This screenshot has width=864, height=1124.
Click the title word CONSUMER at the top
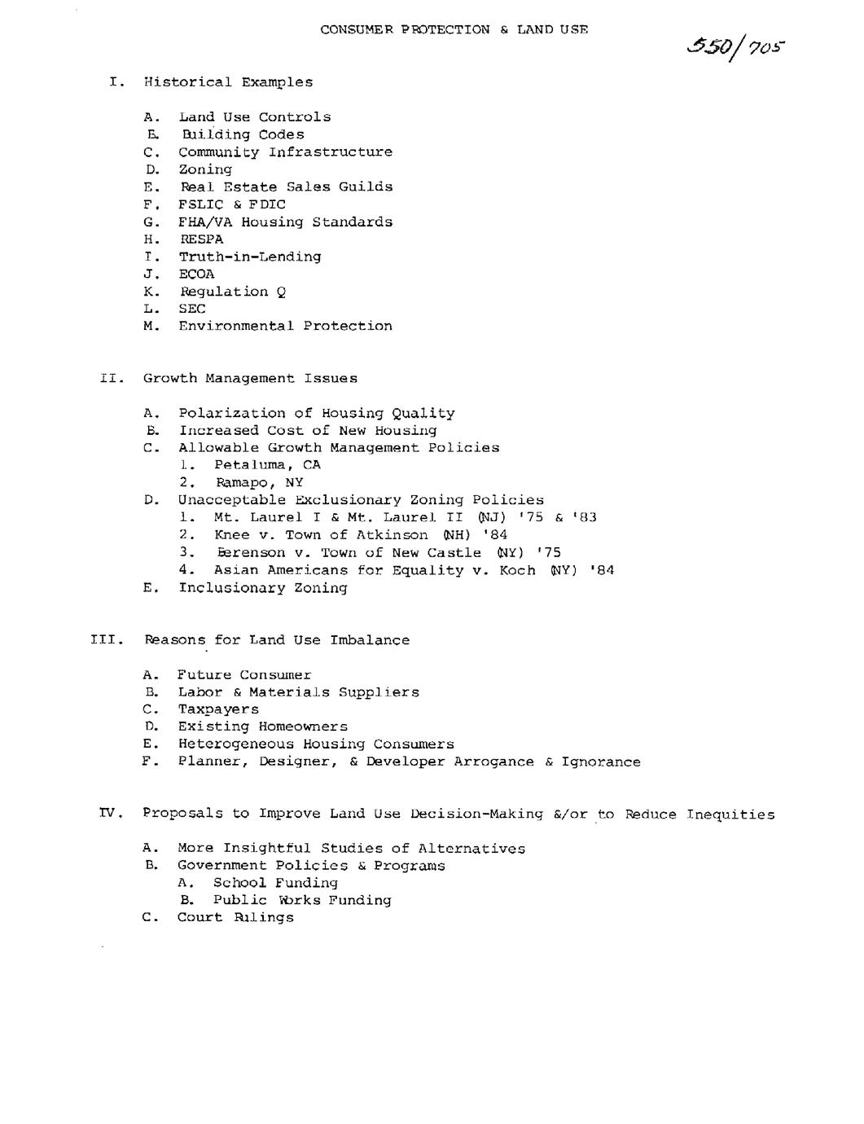point(357,29)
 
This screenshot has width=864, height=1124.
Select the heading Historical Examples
point(228,82)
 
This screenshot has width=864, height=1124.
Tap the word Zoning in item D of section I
point(205,169)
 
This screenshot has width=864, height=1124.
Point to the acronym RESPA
point(201,239)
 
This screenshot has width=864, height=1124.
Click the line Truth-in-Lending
point(250,257)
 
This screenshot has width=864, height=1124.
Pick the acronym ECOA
point(197,274)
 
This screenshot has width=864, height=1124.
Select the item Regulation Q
point(233,292)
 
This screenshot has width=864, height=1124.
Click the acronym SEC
point(192,309)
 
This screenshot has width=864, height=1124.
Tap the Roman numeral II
point(111,378)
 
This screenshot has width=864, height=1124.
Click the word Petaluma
point(245,465)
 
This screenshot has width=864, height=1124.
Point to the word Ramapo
point(241,482)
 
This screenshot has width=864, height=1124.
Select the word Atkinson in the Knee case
point(392,535)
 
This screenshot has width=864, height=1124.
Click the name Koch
point(517,570)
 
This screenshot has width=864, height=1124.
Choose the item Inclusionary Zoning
point(263,588)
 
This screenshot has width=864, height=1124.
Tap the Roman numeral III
point(106,640)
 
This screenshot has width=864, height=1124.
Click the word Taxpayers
point(218,709)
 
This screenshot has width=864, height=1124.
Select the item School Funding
point(275,883)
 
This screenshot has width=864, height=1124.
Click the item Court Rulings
point(235,917)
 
